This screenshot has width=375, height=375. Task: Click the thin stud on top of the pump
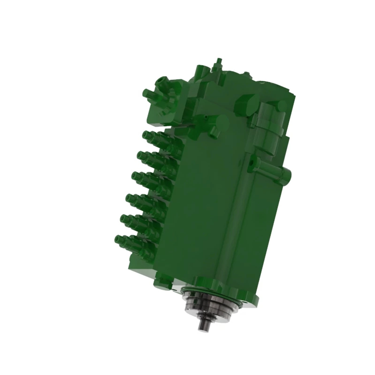point(218,61)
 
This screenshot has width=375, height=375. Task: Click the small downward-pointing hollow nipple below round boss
point(213,134)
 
